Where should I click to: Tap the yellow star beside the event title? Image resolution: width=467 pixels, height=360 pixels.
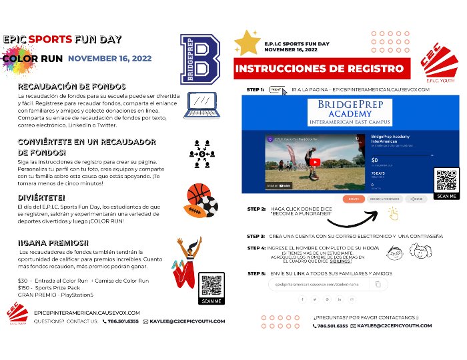(247, 42)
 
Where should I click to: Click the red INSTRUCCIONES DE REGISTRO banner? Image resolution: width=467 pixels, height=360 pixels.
(320, 68)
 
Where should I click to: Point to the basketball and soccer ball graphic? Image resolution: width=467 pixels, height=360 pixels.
(201, 199)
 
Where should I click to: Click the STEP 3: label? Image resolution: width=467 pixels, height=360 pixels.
(256, 237)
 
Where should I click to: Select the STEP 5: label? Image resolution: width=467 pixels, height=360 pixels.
(256, 273)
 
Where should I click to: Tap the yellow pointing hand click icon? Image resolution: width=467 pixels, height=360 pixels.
(393, 213)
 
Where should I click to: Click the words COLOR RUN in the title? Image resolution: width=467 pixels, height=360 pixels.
(33, 59)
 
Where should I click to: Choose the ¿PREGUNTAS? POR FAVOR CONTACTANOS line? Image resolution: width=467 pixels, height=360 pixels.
(366, 318)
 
